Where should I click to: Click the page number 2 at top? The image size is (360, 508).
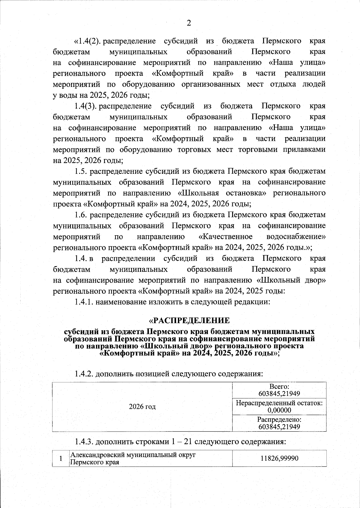189,23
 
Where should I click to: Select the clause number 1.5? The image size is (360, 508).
81,171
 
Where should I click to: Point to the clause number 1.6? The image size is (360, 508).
81,215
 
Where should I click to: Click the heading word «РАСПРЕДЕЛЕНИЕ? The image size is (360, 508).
189,321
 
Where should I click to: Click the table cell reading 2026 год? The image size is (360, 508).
142,407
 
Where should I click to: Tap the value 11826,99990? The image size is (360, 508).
279,458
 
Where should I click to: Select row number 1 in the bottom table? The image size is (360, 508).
61,459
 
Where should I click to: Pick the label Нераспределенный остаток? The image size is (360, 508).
279,403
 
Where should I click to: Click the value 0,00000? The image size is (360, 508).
279,410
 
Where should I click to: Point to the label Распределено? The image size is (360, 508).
279,420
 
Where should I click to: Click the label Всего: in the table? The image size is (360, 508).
279,387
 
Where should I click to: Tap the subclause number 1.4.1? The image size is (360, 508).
84,302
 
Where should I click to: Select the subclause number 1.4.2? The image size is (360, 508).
84,374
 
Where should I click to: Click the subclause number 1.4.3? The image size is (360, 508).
84,442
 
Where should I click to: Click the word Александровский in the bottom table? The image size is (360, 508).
97,455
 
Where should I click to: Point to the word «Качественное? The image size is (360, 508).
226,237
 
